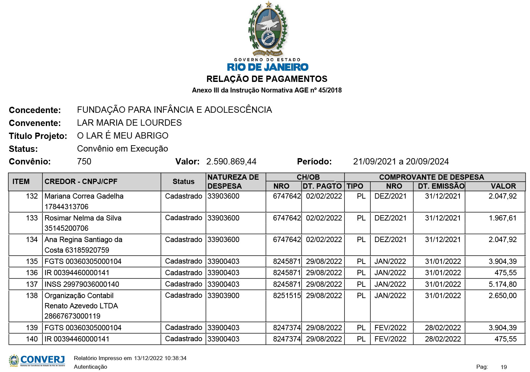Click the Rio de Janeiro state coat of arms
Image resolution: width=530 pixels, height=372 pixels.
click(268, 29)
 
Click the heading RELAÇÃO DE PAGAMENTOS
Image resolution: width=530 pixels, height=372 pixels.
click(267, 79)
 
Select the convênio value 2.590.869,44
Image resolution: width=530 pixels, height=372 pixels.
click(231, 161)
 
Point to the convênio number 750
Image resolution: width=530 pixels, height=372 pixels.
click(84, 161)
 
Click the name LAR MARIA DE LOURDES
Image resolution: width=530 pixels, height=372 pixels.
click(129, 123)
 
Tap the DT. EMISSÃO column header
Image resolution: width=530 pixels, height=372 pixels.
click(441, 186)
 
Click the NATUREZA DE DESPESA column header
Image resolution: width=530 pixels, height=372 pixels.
click(233, 181)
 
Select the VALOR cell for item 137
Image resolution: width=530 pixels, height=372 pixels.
click(502, 284)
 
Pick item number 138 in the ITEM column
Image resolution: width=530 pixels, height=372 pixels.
click(32, 295)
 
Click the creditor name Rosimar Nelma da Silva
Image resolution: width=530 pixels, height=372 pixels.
click(83, 218)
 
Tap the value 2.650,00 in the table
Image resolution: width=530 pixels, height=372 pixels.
click(502, 295)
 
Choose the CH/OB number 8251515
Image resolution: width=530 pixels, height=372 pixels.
click(287, 295)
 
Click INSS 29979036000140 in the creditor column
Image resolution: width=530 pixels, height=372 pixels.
click(82, 284)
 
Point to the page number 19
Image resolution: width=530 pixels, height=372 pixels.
click(503, 367)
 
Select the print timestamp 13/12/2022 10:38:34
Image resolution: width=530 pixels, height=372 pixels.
click(160, 358)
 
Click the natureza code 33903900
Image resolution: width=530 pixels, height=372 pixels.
click(223, 295)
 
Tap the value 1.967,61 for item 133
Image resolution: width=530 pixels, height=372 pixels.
click(502, 218)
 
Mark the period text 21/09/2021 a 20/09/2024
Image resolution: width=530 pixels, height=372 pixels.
click(401, 161)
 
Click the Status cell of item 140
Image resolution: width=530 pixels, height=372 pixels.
click(184, 339)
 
